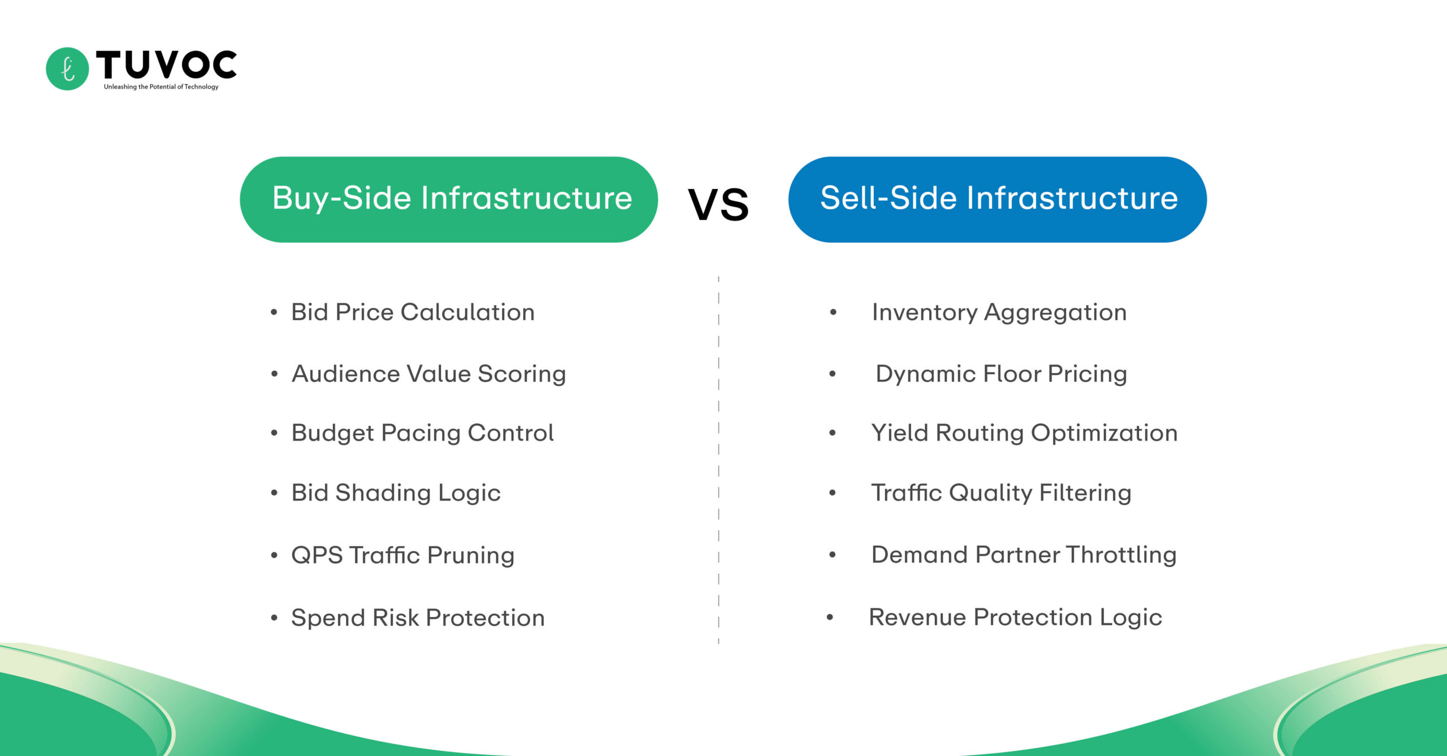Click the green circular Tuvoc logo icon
(67, 68)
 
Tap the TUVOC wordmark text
(166, 64)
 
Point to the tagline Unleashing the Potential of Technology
(161, 87)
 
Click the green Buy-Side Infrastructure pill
(449, 199)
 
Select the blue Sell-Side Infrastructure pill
(997, 199)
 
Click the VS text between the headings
(718, 205)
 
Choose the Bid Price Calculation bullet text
(413, 312)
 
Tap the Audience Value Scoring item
(428, 374)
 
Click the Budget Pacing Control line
(422, 433)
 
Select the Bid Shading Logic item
(396, 493)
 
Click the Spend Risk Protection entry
(418, 617)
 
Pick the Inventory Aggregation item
(999, 312)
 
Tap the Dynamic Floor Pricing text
(1001, 374)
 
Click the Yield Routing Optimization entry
(1024, 433)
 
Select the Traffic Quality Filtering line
(1001, 493)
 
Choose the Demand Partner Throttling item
(1024, 555)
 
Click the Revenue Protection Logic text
(1015, 617)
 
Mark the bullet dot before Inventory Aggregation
(833, 312)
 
